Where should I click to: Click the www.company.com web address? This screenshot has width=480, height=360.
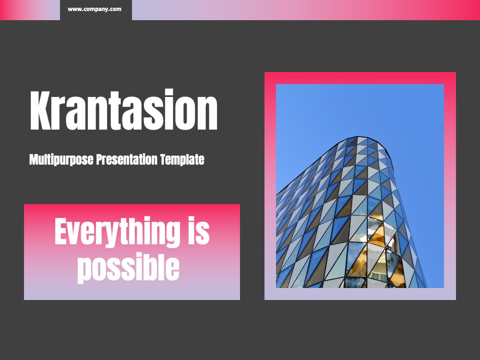(95, 9)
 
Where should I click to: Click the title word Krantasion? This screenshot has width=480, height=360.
(124, 109)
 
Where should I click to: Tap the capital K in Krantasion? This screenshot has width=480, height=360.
(40, 110)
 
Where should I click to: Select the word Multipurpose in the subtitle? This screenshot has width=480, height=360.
(61, 159)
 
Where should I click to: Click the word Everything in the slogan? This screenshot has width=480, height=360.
(117, 232)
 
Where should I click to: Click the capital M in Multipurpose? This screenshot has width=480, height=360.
(35, 159)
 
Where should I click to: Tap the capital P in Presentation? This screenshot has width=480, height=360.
(100, 159)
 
